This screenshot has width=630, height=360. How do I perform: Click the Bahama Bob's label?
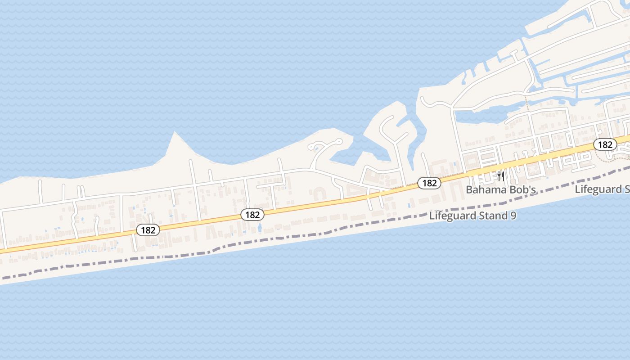click(501, 189)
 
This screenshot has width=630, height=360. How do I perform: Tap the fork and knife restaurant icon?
click(501, 176)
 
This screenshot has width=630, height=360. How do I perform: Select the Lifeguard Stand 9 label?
click(472, 216)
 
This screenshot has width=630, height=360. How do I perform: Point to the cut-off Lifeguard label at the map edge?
click(602, 189)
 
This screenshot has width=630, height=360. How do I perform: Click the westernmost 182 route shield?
click(148, 230)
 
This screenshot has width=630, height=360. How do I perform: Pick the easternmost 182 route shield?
click(605, 144)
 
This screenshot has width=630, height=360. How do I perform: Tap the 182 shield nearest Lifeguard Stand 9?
click(429, 183)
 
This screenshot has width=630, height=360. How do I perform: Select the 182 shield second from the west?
click(252, 215)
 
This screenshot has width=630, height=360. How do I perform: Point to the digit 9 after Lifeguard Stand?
click(513, 216)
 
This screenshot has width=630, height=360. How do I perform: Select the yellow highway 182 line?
click(315, 204)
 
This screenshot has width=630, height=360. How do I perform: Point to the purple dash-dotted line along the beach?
click(270, 239)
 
